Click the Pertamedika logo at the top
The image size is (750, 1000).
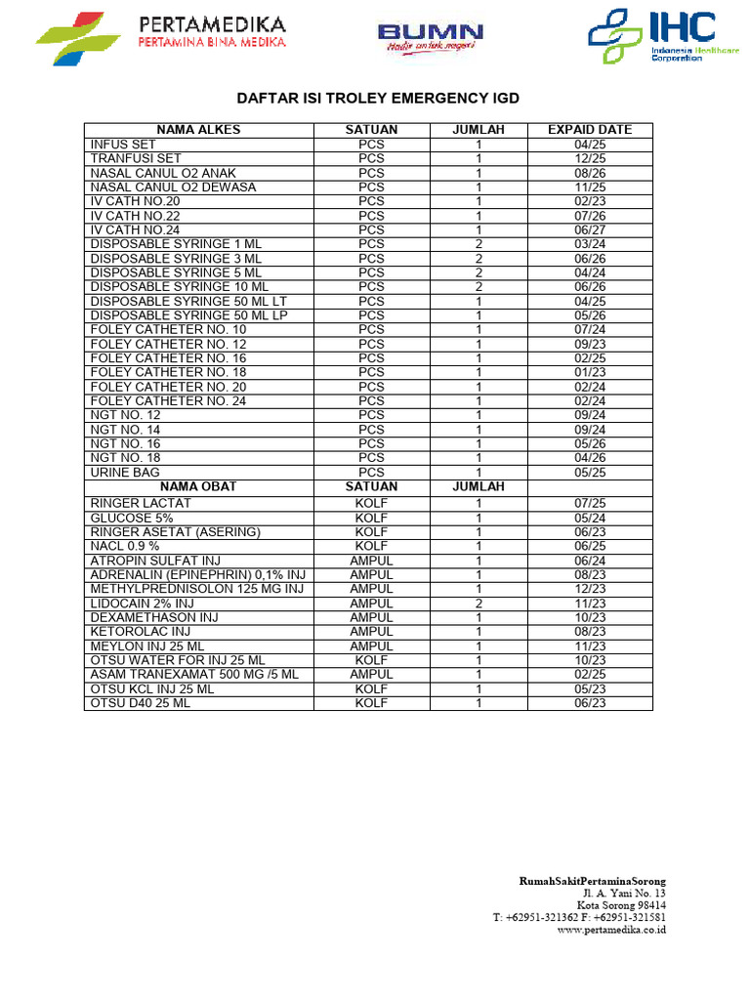pyautogui.click(x=162, y=36)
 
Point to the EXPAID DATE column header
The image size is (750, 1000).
pyautogui.click(x=589, y=129)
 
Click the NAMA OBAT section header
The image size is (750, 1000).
pyautogui.click(x=198, y=486)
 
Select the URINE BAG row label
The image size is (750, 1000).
pyautogui.click(x=125, y=472)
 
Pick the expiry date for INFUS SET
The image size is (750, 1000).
pyautogui.click(x=590, y=144)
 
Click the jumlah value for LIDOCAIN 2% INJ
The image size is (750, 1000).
pyautogui.click(x=479, y=604)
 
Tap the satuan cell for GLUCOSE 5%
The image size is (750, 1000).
pyautogui.click(x=371, y=518)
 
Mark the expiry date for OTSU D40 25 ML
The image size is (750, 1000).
pyautogui.click(x=590, y=703)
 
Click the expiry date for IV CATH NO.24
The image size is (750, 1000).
pyautogui.click(x=590, y=229)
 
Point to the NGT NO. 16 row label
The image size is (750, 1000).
pyautogui.click(x=126, y=443)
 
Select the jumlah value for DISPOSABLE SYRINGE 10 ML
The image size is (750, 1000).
pyautogui.click(x=479, y=287)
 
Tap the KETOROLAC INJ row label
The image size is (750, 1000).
pyautogui.click(x=140, y=632)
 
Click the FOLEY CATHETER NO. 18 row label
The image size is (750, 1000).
pyautogui.click(x=169, y=372)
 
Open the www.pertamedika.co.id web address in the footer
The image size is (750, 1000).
pyautogui.click(x=610, y=931)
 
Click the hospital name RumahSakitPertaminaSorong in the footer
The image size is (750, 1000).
pyautogui.click(x=592, y=881)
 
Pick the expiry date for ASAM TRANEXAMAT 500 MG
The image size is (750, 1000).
pyautogui.click(x=590, y=675)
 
